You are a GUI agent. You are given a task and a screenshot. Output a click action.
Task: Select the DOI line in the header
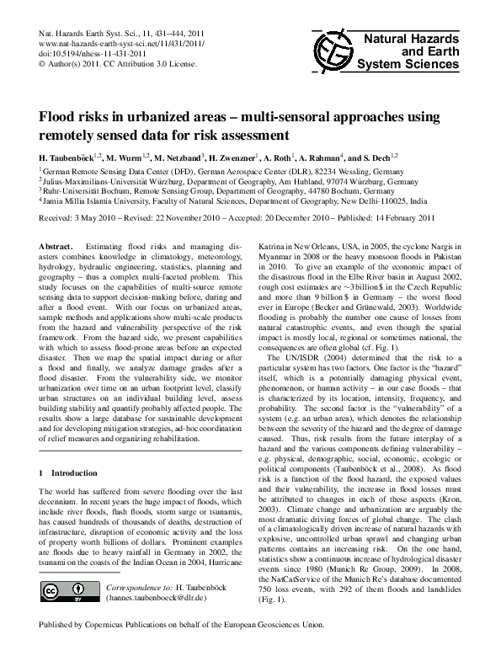tap(97, 53)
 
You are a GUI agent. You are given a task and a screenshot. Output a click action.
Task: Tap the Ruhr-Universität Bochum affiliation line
tap(216, 191)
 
